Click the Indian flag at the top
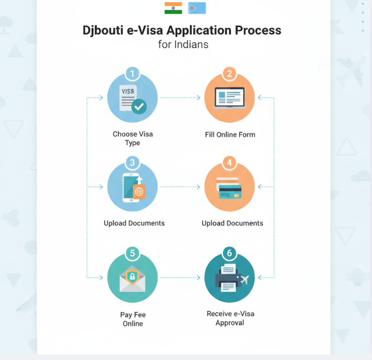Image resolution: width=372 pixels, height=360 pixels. coord(173,8)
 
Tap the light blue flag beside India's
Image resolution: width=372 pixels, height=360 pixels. coord(197,8)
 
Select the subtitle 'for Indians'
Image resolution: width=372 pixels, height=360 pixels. coord(183,45)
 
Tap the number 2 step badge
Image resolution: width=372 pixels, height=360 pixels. coord(229,73)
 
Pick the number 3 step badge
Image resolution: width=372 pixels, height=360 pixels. coord(132,162)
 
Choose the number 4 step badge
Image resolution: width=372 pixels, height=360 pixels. coord(229,162)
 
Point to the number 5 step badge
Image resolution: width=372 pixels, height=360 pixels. coord(132,253)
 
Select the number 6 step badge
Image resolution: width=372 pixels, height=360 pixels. coord(229,253)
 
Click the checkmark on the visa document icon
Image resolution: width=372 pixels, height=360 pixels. coord(139,107)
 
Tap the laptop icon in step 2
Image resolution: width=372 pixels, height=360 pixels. coord(230,98)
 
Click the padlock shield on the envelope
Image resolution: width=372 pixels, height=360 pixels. coord(132,276)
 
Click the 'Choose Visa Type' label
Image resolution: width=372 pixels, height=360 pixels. coord(132,139)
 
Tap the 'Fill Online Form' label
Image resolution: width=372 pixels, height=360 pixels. coord(230,135)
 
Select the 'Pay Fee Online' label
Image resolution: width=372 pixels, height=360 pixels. coord(133,319)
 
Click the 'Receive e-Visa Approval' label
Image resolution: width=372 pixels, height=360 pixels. coord(230,318)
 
